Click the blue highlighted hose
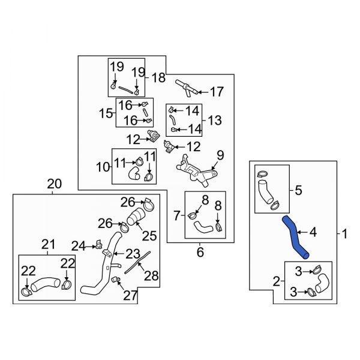[294, 236]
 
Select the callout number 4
[313, 232]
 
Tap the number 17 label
[217, 92]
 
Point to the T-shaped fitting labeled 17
[187, 88]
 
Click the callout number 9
[220, 155]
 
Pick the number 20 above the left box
[55, 184]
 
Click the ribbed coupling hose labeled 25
[136, 217]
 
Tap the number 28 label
[151, 275]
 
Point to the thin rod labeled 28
[137, 262]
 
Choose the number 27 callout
[130, 295]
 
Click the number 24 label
[78, 247]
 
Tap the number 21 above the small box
[48, 245]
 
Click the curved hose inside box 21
[45, 284]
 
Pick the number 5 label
[298, 190]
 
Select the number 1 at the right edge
[344, 234]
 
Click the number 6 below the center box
[200, 252]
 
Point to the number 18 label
[158, 77]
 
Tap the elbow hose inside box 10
[134, 173]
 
